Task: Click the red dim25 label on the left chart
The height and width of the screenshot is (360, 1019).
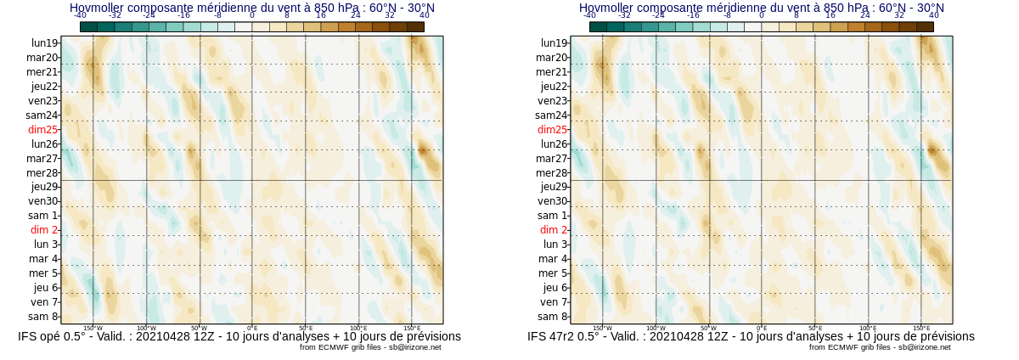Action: pyautogui.click(x=42, y=130)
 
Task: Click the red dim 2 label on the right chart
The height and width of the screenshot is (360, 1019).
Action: pyautogui.click(x=554, y=230)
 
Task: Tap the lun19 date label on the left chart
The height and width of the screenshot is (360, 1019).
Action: pyautogui.click(x=44, y=43)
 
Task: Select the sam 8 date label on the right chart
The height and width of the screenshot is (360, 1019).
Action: pyautogui.click(x=554, y=317)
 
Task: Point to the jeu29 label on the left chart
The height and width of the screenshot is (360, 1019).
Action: pyautogui.click(x=44, y=187)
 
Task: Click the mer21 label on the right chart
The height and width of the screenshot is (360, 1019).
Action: pyautogui.click(x=551, y=72)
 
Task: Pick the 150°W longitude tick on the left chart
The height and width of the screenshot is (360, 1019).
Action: pyautogui.click(x=93, y=328)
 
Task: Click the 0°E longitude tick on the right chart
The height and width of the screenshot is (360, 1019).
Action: pyautogui.click(x=762, y=328)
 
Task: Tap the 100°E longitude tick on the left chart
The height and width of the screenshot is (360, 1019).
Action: pyautogui.click(x=358, y=328)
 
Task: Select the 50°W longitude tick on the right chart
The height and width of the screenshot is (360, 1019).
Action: pyautogui.click(x=708, y=328)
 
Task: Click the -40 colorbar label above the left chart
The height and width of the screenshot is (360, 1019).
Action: pyautogui.click(x=80, y=15)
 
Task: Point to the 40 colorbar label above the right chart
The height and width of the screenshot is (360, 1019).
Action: pyautogui.click(x=934, y=15)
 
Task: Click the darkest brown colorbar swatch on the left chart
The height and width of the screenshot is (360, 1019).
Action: pyautogui.click(x=415, y=26)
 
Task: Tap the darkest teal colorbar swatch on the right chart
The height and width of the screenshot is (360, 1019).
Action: pyautogui.click(x=598, y=26)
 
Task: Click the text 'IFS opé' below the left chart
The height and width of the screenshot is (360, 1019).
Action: pyautogui.click(x=42, y=336)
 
